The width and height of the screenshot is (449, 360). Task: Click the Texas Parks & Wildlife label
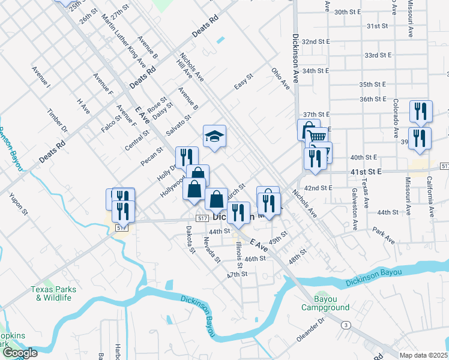click(53, 293)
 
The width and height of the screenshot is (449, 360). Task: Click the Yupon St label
click(19, 203)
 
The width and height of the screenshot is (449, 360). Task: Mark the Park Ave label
click(383, 235)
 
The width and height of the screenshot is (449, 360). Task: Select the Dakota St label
click(190, 239)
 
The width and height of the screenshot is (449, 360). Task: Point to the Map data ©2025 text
click(423, 355)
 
